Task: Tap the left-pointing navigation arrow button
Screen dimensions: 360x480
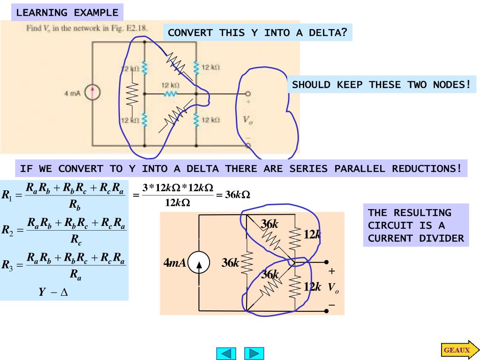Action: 226,353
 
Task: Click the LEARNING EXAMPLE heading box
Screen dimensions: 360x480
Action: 67,13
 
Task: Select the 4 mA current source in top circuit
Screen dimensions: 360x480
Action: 93,93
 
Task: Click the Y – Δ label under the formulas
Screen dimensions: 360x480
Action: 53,292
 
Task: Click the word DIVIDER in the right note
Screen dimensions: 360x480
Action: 443,238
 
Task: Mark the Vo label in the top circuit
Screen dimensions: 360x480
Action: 247,120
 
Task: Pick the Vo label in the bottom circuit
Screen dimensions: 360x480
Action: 333,287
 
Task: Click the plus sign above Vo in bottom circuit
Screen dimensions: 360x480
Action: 332,271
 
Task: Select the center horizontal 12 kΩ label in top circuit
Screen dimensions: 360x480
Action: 171,85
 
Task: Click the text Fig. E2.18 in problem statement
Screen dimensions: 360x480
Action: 135,28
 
